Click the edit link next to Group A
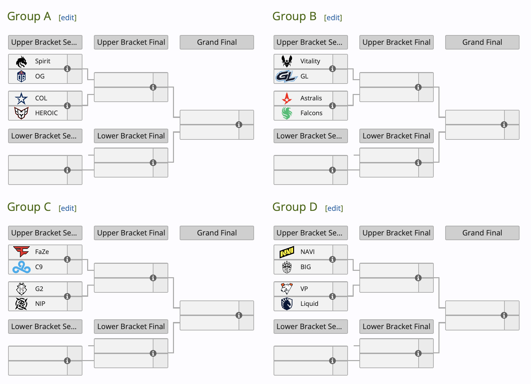coord(68,18)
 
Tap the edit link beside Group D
coord(334,209)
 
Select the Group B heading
coord(294,17)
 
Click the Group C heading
coord(29,207)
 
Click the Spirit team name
coord(43,61)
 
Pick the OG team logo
coord(21,76)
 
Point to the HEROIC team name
coord(46,113)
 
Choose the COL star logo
coord(21,98)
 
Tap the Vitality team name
coord(310,61)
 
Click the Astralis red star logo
coord(287,98)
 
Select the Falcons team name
coord(311,113)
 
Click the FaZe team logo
coord(21,252)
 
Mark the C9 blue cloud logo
coord(21,267)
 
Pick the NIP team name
coord(40,304)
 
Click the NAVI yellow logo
coord(287,252)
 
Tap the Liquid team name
coord(309,304)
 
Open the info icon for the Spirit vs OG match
coord(67,69)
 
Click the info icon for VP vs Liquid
coord(332,296)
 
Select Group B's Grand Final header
coord(482,42)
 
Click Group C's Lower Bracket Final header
coord(131,326)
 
